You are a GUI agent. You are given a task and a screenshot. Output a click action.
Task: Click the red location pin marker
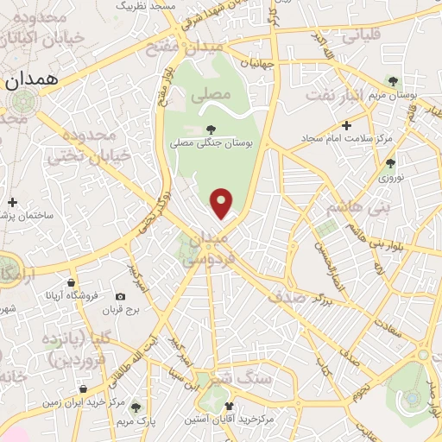pos(223,203)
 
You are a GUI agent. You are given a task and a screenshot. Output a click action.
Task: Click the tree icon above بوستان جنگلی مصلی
pos(212,129)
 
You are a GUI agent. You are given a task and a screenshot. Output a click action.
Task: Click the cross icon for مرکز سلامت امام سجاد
pos(346,125)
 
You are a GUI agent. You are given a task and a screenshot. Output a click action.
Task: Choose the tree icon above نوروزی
pos(390,162)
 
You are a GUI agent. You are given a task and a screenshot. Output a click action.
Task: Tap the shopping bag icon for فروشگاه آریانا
pos(70,281)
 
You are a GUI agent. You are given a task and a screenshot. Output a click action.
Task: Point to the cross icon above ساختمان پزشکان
pos(12,202)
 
